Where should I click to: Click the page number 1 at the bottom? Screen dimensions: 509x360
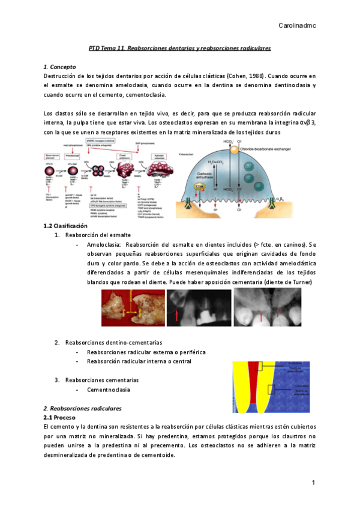[313, 483]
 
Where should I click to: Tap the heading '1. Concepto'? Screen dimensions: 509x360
[60, 67]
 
